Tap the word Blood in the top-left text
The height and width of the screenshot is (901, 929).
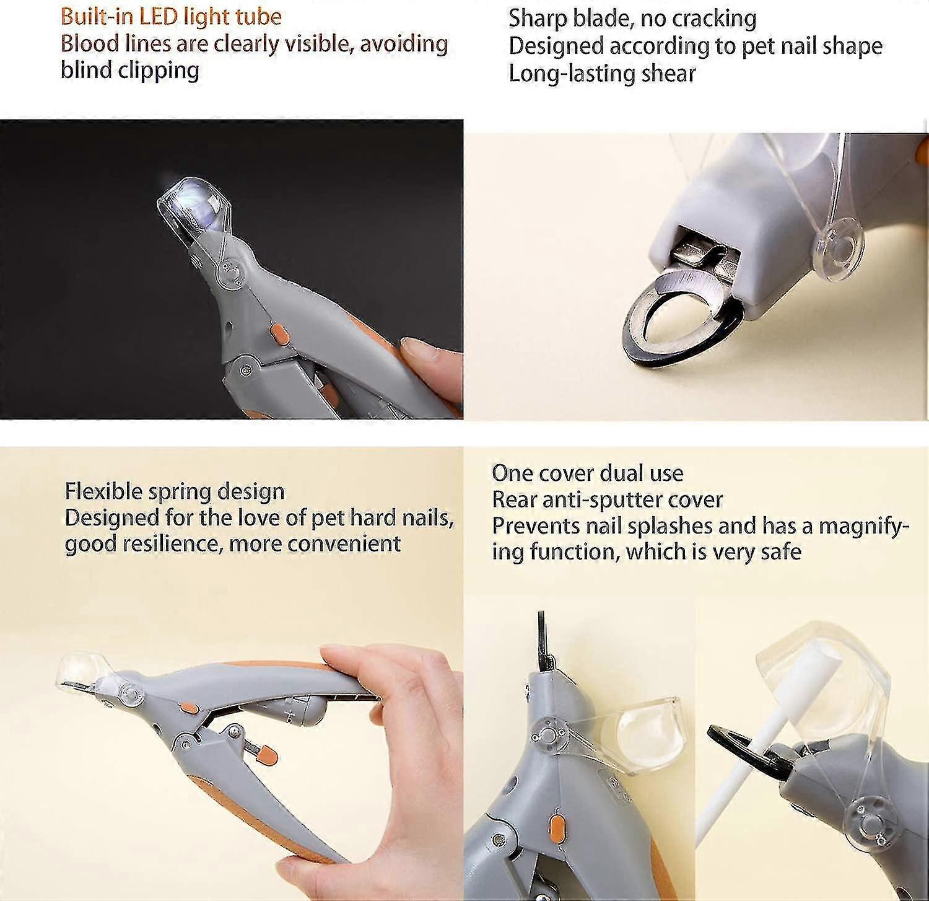[85, 44]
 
